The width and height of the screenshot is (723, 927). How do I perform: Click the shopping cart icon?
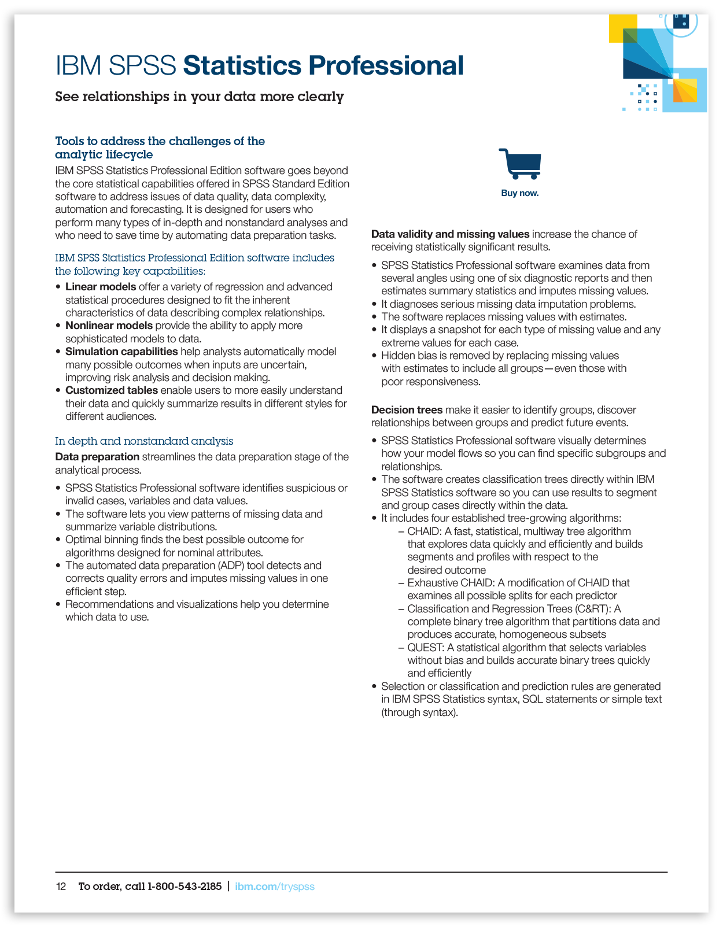[520, 164]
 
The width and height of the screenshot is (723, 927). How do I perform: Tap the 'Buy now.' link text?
[519, 193]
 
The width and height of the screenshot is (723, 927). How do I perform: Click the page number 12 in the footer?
[61, 887]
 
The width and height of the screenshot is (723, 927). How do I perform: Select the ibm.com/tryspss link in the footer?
[275, 887]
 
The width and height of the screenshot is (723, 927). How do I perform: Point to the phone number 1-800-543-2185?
[185, 887]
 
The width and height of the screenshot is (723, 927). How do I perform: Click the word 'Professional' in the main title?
[385, 66]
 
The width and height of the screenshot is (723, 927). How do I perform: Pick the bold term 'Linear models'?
[101, 287]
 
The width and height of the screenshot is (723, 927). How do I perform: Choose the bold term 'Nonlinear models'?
[109, 326]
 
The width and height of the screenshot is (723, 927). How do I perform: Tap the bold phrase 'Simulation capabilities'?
[121, 352]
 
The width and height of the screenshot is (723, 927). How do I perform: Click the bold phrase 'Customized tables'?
[112, 390]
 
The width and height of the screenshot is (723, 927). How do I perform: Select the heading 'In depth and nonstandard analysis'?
[144, 441]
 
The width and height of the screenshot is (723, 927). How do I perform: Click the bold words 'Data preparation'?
[97, 457]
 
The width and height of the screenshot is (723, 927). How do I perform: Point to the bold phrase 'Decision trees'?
[407, 410]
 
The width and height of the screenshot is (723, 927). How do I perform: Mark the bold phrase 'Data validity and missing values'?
[450, 234]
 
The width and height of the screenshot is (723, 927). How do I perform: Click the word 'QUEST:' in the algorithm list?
[426, 648]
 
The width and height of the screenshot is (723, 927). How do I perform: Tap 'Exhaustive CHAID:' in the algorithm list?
[450, 583]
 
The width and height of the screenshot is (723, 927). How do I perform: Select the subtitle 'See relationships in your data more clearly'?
[200, 97]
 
